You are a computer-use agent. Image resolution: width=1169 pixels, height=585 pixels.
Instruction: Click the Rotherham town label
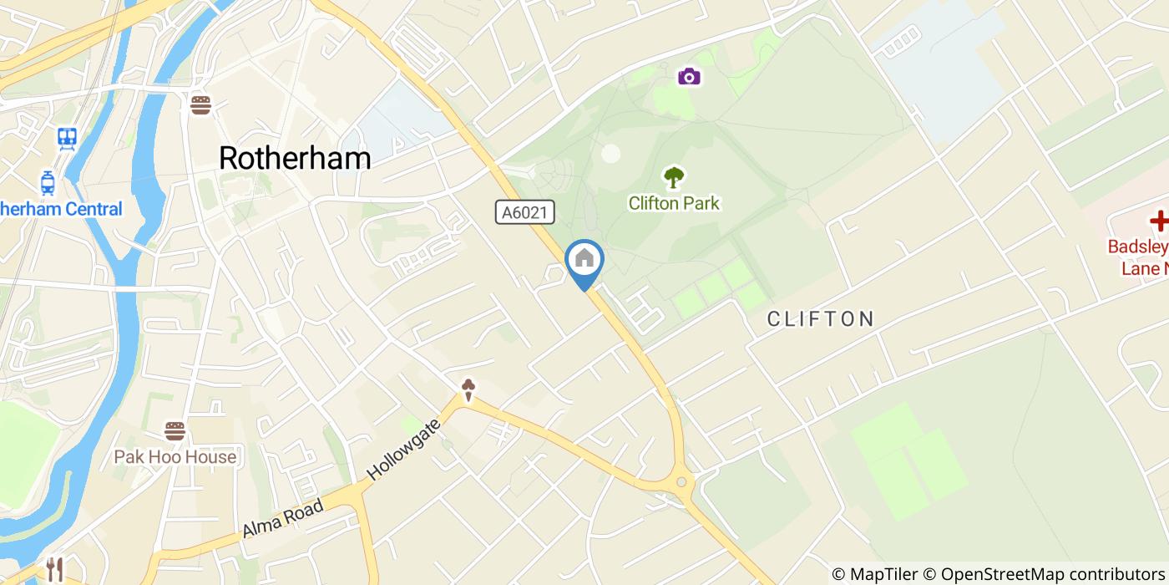coord(295,157)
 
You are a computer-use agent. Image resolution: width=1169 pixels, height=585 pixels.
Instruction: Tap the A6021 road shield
coord(524,212)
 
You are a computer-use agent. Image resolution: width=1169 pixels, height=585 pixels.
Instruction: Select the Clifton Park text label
coord(673,203)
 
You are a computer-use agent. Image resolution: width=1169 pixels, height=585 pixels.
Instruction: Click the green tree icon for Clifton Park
coord(673,177)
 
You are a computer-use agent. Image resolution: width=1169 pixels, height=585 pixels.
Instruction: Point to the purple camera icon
coord(689,77)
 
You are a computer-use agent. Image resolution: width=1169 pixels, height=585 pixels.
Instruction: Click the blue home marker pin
coord(584,260)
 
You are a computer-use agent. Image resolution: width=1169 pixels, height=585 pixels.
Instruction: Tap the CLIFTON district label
coord(820,318)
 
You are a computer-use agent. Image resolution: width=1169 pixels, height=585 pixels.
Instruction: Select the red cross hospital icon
coord(1159,221)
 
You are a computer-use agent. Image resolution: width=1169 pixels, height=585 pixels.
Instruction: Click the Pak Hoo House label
coord(175,457)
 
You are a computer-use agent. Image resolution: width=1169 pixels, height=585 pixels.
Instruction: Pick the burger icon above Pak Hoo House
coord(175,431)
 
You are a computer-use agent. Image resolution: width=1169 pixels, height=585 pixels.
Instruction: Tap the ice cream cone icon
coord(469,389)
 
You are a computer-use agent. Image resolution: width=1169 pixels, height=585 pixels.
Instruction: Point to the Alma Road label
coord(282,519)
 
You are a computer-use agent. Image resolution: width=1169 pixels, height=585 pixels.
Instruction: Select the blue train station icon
coord(67,137)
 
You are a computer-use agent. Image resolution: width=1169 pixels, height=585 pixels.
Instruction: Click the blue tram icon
coord(48,181)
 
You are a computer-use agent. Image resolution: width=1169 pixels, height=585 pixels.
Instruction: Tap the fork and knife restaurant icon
coord(55,569)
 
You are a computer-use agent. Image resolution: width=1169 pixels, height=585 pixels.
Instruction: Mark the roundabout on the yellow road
coord(682,482)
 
